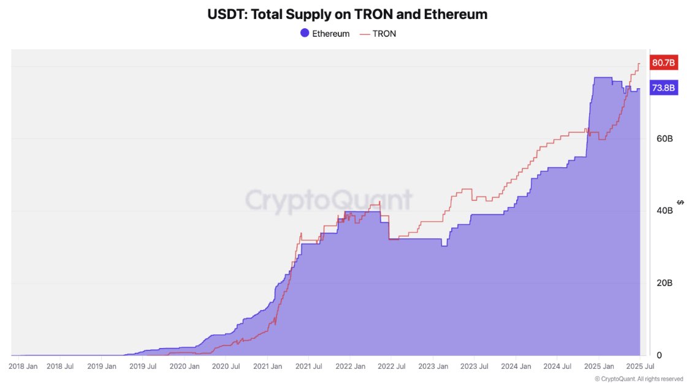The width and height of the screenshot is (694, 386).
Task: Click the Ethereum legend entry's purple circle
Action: [303, 34]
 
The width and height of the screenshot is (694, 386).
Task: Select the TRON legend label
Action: [384, 34]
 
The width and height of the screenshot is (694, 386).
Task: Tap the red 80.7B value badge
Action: [663, 62]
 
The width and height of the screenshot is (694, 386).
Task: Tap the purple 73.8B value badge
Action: [663, 88]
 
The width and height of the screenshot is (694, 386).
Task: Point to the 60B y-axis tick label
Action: [665, 138]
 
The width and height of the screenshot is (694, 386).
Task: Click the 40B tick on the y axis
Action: [665, 211]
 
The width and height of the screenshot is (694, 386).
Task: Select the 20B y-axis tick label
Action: [665, 283]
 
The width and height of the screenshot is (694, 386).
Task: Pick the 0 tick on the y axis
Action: [659, 355]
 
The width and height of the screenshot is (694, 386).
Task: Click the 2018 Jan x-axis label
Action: [24, 366]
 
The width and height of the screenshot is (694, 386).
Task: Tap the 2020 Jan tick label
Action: [185, 366]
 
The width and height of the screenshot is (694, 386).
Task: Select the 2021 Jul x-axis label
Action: [309, 366]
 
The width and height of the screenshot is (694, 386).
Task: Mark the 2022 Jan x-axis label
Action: [350, 366]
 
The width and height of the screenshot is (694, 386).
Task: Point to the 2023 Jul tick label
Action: [474, 366]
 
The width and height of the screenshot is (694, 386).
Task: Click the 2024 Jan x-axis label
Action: [515, 366]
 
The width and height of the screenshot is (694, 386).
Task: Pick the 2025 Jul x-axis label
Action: [638, 366]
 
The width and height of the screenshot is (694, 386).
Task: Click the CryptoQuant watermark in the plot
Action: [329, 200]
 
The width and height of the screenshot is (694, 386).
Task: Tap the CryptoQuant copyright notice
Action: [638, 379]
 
